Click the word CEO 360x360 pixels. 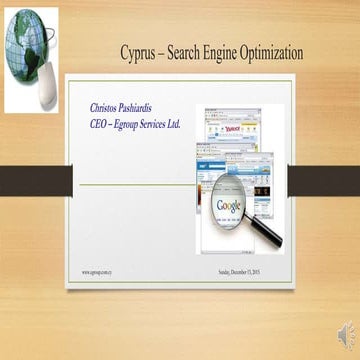100,122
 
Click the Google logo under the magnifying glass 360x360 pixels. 230,205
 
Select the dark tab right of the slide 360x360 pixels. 330,180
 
